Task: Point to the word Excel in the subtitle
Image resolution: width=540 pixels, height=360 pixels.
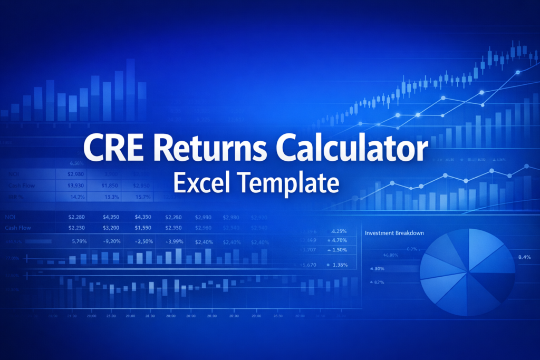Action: point(201,184)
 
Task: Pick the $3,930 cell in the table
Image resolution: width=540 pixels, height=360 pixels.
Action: point(77,186)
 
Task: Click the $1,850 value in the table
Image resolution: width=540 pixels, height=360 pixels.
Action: point(110,186)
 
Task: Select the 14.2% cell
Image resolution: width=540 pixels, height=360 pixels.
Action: point(78,197)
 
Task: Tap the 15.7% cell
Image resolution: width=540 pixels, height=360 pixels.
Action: point(142,197)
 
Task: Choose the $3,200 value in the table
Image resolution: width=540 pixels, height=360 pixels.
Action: point(110,228)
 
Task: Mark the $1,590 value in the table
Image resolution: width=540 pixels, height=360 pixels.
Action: point(143,228)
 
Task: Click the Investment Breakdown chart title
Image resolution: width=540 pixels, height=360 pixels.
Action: point(394,232)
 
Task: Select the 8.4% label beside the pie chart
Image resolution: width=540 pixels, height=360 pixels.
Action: point(524,257)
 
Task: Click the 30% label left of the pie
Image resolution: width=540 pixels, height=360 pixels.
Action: point(379,269)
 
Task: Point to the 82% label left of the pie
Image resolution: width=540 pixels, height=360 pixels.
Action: point(379,283)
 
